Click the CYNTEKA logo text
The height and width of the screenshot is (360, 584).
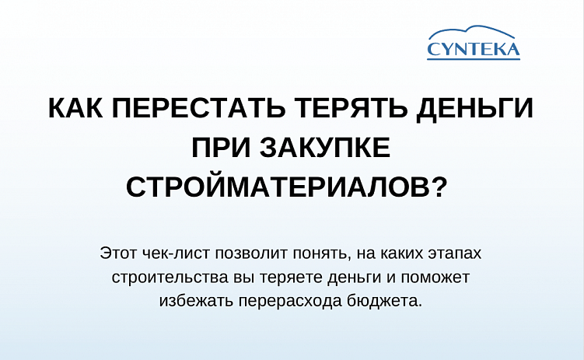tap(474, 50)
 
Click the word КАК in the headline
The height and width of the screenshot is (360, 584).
tap(77, 109)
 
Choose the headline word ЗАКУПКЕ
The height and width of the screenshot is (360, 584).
tap(327, 148)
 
